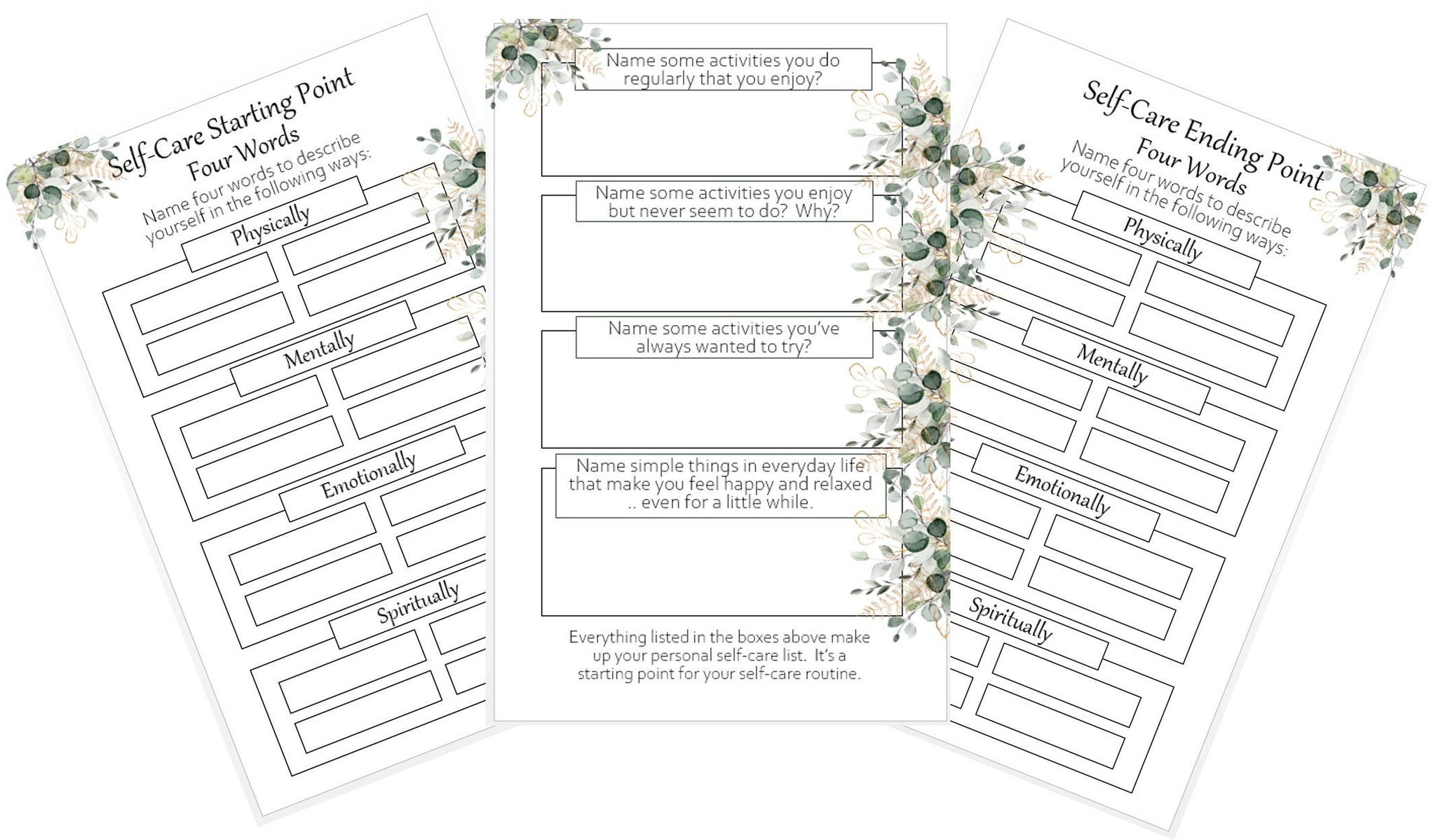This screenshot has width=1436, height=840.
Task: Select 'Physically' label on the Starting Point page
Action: (271, 225)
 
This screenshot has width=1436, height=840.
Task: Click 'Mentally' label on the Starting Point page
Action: (319, 350)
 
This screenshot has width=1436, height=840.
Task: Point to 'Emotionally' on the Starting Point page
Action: (369, 474)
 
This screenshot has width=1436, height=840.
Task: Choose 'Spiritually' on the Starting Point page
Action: (419, 603)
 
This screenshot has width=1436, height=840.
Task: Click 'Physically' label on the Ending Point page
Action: (1163, 238)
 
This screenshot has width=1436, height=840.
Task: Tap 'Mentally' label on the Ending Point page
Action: (1113, 364)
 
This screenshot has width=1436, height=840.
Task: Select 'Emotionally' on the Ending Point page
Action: (1062, 491)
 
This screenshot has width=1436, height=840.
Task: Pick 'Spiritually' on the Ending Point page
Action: (1011, 619)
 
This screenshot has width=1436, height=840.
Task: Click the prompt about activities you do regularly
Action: (723, 69)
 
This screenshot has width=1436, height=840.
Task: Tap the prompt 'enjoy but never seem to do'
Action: (724, 202)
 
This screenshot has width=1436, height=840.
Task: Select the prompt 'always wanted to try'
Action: (724, 338)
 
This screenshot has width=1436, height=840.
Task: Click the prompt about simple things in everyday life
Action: (720, 484)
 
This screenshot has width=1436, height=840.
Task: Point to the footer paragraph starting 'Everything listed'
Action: (719, 656)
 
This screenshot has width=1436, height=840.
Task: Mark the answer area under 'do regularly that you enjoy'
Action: (701, 133)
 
